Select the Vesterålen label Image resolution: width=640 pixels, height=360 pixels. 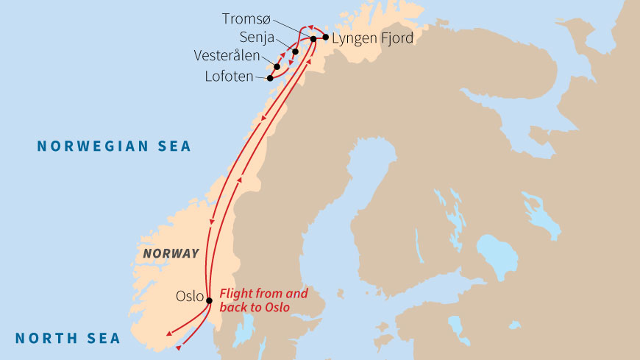227,56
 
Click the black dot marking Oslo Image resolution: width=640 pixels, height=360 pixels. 209,300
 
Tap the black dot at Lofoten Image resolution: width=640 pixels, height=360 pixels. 270,77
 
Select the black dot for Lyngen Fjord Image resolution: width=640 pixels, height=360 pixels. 324,38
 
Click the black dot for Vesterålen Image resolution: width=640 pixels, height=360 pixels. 277,66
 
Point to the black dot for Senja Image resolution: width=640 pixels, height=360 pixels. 295,52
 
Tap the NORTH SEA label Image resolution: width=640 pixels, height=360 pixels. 68,338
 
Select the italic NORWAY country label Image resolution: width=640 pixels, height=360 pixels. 171,253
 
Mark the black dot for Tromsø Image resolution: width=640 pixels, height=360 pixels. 313,38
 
